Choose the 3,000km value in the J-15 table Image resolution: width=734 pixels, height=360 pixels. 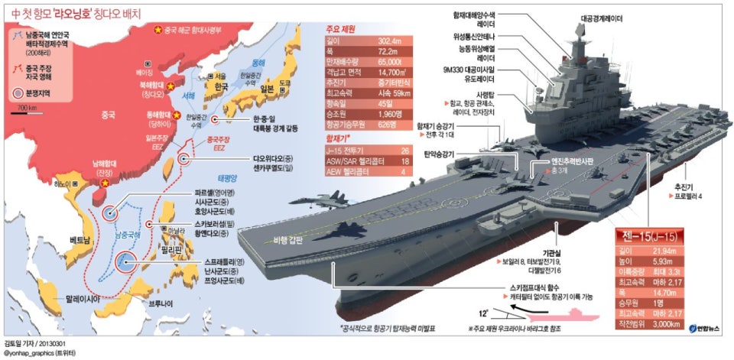[664, 324]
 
